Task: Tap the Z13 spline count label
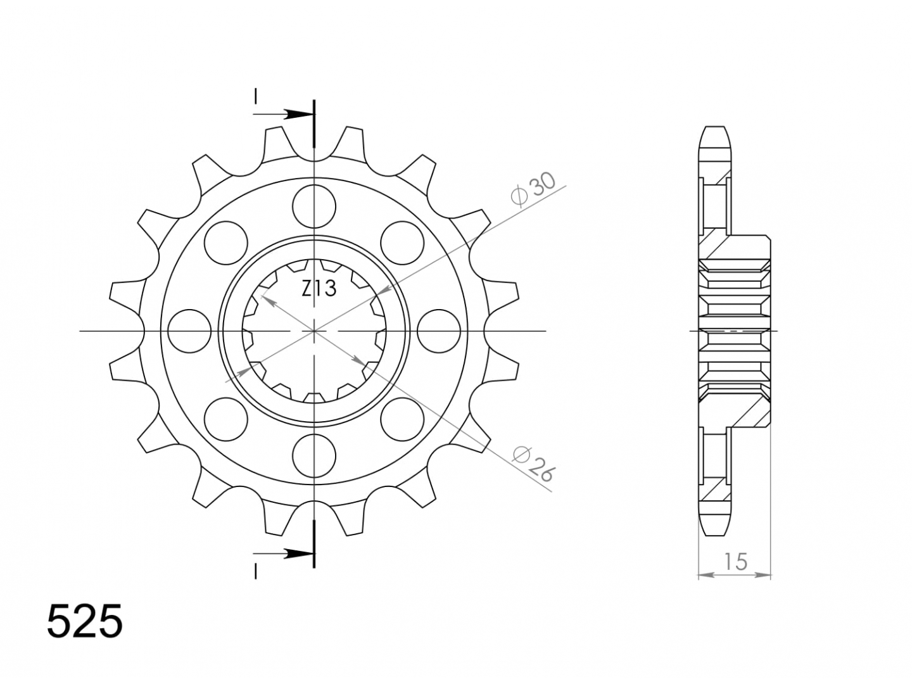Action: click(x=319, y=289)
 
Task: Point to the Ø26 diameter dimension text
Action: click(x=533, y=465)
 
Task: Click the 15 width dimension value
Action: click(x=735, y=562)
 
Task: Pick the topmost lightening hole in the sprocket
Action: click(x=313, y=206)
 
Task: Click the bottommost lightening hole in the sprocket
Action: click(x=313, y=456)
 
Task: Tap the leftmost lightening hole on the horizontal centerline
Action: click(x=189, y=331)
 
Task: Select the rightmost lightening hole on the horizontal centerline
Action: click(x=439, y=331)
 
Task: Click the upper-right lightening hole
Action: click(x=402, y=243)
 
